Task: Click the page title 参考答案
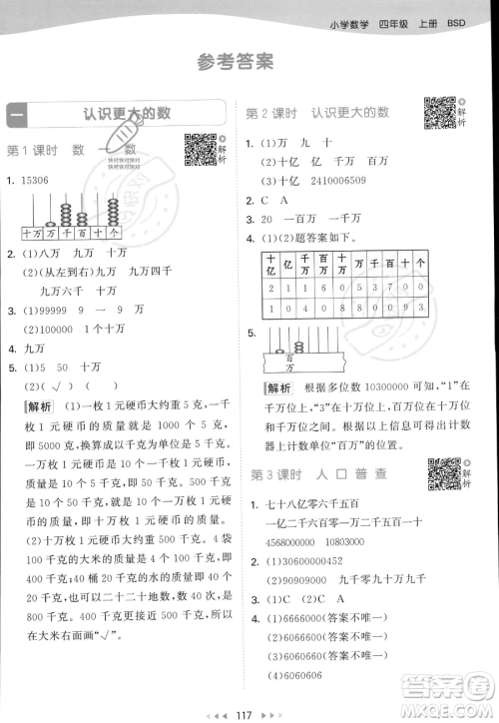point(236,63)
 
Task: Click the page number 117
point(249,710)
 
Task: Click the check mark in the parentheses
point(62,386)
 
